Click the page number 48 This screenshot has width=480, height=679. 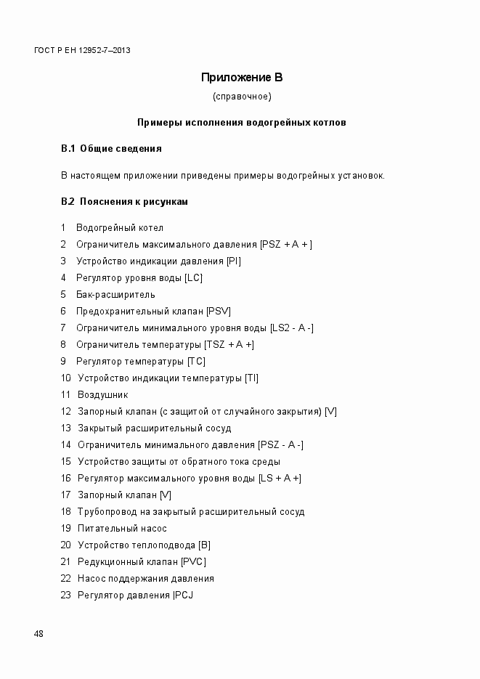[x=38, y=634]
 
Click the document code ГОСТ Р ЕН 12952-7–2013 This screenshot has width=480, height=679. [x=82, y=50]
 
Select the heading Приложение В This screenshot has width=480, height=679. [x=241, y=78]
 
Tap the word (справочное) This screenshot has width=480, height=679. [x=242, y=96]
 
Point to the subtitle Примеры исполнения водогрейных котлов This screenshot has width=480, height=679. [x=242, y=122]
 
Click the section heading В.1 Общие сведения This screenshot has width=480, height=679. [x=111, y=149]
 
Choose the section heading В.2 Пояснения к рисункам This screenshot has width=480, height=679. [x=124, y=202]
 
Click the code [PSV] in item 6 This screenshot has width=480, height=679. [x=218, y=312]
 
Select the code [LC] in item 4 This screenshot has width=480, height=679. [x=194, y=278]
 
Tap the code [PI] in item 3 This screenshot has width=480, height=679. [x=234, y=261]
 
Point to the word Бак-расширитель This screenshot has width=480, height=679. [x=115, y=295]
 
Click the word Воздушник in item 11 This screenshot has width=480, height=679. [x=102, y=395]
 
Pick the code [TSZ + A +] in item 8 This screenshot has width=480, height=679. [x=229, y=345]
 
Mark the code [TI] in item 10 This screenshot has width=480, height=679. [x=251, y=378]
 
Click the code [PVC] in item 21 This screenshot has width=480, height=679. [x=194, y=562]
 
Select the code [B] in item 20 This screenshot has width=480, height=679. [x=204, y=545]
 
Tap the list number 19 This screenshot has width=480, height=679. [x=65, y=529]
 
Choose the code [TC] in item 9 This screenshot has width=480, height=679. [x=196, y=362]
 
